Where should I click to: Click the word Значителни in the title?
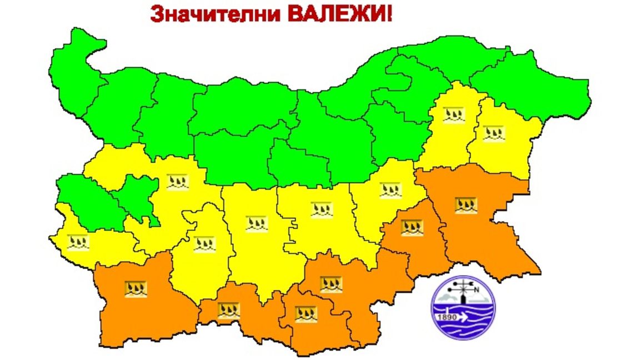216,15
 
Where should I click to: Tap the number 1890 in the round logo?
447,317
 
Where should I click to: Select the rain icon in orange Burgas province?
465,205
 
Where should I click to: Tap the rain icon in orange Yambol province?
412,227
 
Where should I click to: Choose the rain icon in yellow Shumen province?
454,115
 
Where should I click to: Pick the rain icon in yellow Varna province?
493,133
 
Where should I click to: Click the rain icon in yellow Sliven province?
390,189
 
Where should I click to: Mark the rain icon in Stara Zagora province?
321,209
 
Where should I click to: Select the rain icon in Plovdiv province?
257,224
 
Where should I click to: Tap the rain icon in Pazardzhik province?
204,243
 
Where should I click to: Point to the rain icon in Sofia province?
177,181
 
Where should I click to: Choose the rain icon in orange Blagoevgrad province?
136,289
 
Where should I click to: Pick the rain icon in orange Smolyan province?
228,310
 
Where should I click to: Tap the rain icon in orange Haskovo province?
331,284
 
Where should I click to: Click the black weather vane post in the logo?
463,294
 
